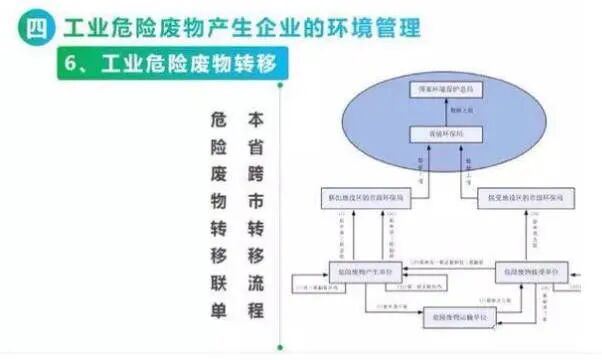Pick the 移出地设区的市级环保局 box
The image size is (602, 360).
[x=369, y=199]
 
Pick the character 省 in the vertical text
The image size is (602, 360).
[x=255, y=147]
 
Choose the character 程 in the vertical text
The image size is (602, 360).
[x=255, y=310]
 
